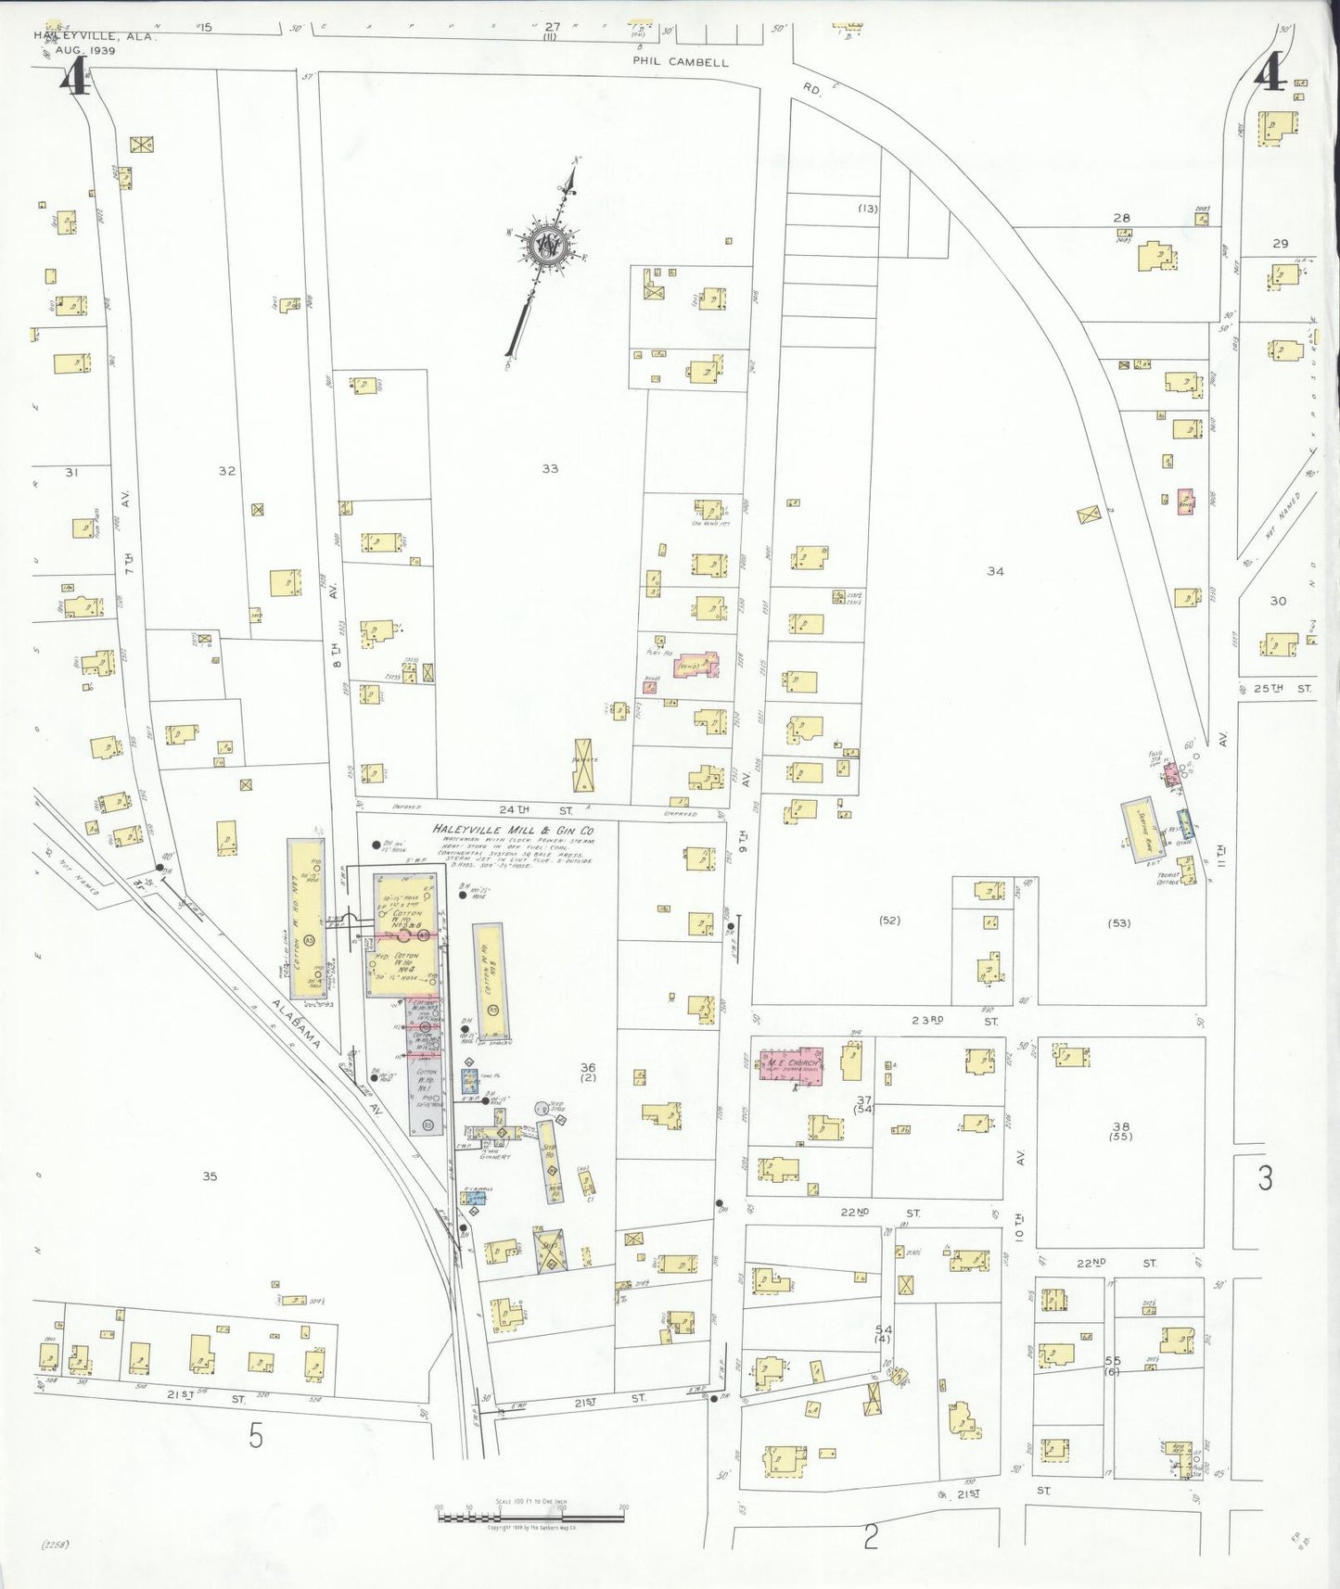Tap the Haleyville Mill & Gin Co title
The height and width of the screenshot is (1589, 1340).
[513, 830]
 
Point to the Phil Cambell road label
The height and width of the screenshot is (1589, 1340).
[680, 62]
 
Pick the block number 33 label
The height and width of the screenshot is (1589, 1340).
[550, 469]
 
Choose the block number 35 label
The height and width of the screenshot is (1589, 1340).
[210, 1176]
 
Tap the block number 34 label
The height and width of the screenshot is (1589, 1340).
[995, 572]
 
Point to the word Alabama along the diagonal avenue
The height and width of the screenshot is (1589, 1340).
[296, 1023]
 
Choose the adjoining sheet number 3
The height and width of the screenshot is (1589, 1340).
[1265, 1179]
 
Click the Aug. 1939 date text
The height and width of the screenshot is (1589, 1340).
[85, 50]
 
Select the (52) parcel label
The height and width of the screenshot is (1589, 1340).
[889, 921]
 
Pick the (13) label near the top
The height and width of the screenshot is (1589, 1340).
[867, 209]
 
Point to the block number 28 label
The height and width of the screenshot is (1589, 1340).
[1121, 219]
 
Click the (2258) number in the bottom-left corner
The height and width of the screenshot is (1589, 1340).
[57, 1545]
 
